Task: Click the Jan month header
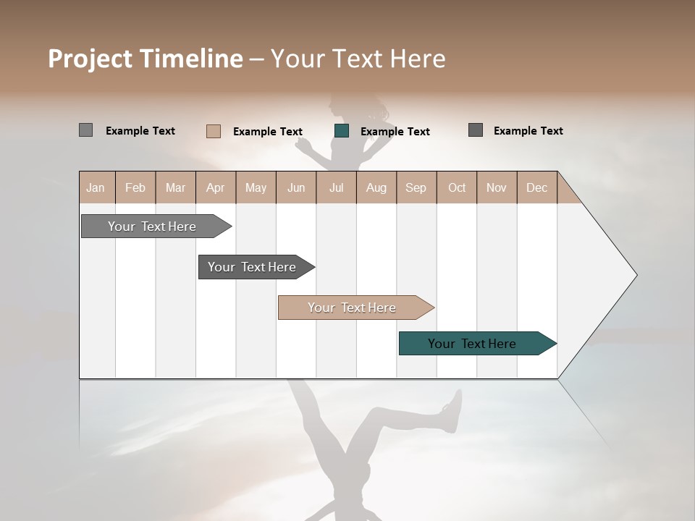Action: [96, 187]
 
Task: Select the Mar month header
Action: [176, 187]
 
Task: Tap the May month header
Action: [256, 187]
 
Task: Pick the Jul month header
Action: [337, 187]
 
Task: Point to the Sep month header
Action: [416, 187]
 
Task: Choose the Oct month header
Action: [457, 187]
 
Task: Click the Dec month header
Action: [536, 187]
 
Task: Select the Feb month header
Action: [135, 187]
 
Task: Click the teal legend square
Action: [342, 131]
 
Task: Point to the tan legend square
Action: [214, 131]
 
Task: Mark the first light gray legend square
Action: [86, 130]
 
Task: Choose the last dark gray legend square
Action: [476, 130]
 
